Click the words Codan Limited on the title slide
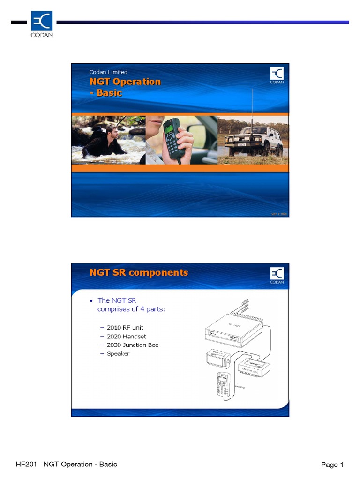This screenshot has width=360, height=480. pos(108,72)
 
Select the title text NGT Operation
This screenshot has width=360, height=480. pos(125,82)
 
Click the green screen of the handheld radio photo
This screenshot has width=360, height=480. pos(169,126)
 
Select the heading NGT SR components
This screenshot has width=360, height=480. pos(139,272)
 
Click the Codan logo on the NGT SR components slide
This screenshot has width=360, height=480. pos(277,275)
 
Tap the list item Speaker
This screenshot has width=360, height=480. pos(118,353)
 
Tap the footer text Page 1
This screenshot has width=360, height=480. pos(332,465)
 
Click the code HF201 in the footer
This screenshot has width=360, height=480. pos(27,464)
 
